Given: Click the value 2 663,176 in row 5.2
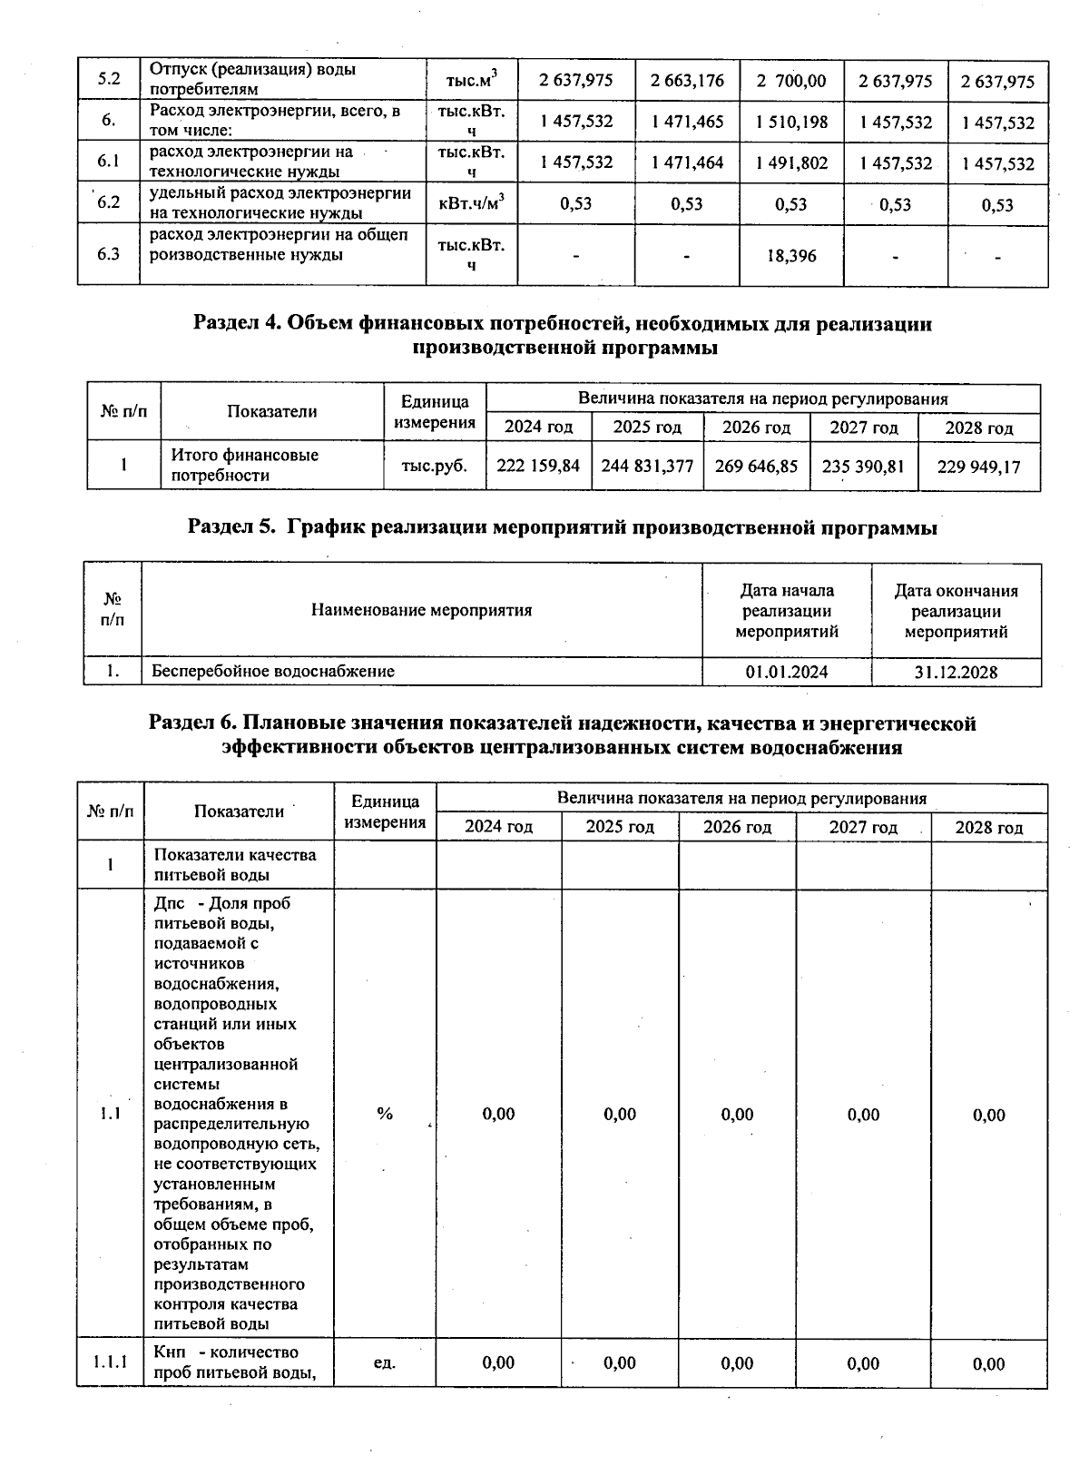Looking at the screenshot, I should point(687,81).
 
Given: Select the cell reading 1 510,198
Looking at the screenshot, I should point(791,122).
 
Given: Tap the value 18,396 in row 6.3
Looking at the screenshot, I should point(791,256).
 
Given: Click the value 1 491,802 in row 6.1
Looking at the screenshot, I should point(791,162).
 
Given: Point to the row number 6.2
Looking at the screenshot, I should point(109,202).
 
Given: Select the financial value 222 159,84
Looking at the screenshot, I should point(538,466).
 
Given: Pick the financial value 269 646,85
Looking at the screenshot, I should point(756,466).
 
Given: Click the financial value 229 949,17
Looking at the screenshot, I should point(978,467).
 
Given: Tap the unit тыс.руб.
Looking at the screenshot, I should point(435,466).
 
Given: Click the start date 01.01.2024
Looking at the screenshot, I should point(786,672).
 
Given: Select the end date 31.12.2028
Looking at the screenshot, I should point(956,672).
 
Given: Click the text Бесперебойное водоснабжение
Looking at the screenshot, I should point(273,672).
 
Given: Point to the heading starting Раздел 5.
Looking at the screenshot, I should point(562,527).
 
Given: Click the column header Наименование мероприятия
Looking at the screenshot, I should point(421,610).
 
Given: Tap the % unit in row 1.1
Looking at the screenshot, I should point(385,1114).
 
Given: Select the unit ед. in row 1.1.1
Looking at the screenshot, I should point(385,1362).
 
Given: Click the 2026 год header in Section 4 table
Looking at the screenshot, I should point(756,428).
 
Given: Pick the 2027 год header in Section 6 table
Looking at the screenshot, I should point(863,827).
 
